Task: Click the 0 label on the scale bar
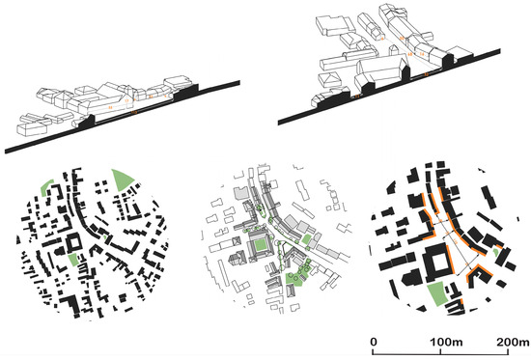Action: pos(374,342)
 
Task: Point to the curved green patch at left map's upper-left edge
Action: pos(46,187)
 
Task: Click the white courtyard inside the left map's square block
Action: pos(74,242)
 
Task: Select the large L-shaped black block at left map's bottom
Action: pos(70,304)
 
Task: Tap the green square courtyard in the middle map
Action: pos(261,245)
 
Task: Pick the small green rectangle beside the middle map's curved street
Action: pos(306,239)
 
